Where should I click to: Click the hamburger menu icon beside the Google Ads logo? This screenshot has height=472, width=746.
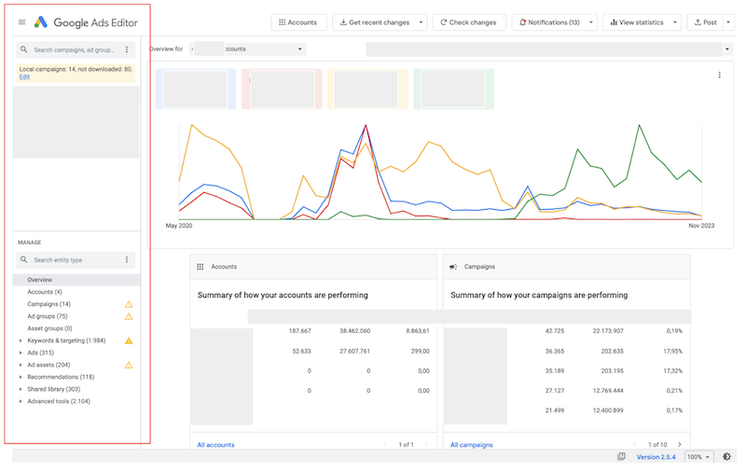tap(22, 21)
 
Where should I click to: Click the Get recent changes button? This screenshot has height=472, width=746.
tap(374, 22)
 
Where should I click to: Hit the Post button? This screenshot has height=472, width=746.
tap(705, 22)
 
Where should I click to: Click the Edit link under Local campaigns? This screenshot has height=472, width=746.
tap(24, 77)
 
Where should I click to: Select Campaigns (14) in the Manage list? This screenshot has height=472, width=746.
tap(49, 304)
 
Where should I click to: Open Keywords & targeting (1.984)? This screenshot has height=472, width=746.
tap(66, 340)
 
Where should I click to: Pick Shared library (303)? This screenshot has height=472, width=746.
tap(54, 389)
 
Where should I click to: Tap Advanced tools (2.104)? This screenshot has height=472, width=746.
tap(59, 401)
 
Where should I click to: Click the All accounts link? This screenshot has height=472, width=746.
tap(215, 445)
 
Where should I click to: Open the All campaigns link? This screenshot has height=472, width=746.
tap(472, 445)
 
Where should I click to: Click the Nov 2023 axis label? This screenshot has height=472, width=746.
tap(700, 227)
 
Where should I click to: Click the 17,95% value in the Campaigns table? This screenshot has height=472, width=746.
tap(669, 351)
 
